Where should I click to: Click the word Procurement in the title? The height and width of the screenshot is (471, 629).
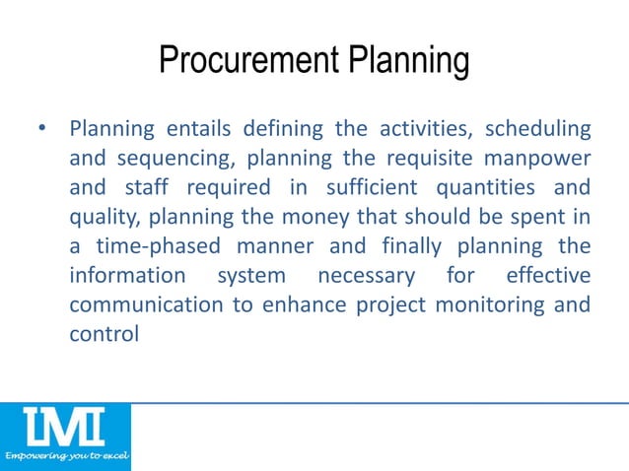pyautogui.click(x=246, y=62)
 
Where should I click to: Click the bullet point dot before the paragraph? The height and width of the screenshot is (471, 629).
pyautogui.click(x=41, y=129)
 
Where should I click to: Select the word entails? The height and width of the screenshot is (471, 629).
pyautogui.click(x=181, y=129)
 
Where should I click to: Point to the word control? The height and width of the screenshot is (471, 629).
pyautogui.click(x=104, y=333)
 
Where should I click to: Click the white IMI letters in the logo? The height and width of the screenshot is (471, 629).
pyautogui.click(x=65, y=429)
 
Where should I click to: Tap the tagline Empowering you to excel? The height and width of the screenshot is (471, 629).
pyautogui.click(x=65, y=459)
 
